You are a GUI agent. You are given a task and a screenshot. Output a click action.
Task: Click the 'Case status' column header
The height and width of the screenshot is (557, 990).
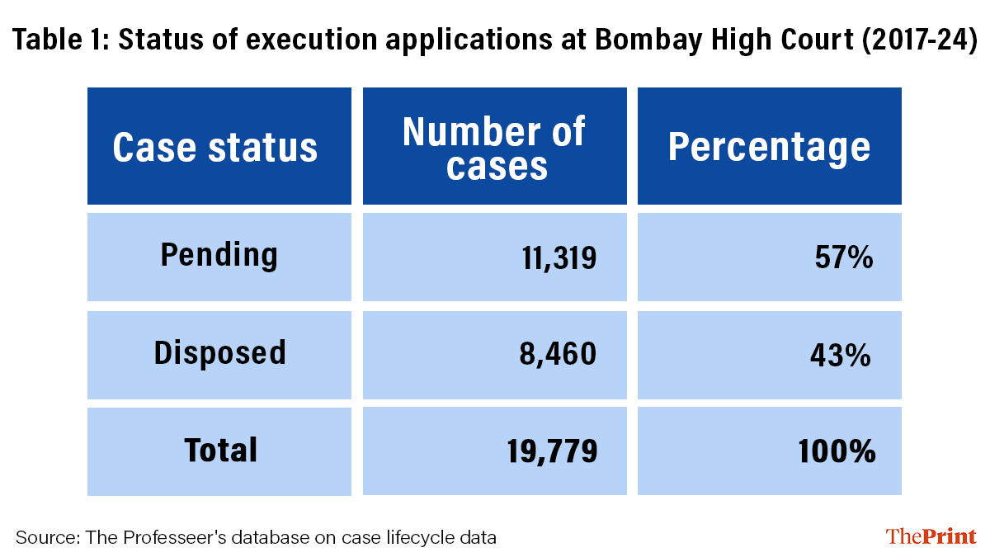[x=215, y=148]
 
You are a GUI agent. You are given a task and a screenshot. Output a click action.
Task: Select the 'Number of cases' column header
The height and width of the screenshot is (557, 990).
[x=494, y=148]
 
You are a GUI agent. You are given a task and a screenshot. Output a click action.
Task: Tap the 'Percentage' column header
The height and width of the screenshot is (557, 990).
[x=769, y=148]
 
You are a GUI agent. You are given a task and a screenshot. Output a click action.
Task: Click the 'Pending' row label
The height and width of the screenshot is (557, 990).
[x=219, y=255]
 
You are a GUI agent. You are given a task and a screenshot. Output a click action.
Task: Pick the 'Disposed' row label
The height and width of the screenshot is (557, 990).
[x=219, y=353]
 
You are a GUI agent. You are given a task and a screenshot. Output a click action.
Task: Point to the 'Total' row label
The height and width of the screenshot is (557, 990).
[x=220, y=451]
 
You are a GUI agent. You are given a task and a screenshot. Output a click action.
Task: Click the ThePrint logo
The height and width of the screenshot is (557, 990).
[x=931, y=536]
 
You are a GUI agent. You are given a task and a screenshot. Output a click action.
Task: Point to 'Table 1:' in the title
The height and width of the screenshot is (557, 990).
[x=59, y=40]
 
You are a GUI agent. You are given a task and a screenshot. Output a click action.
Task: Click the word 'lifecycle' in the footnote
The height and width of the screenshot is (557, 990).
[x=421, y=538]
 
